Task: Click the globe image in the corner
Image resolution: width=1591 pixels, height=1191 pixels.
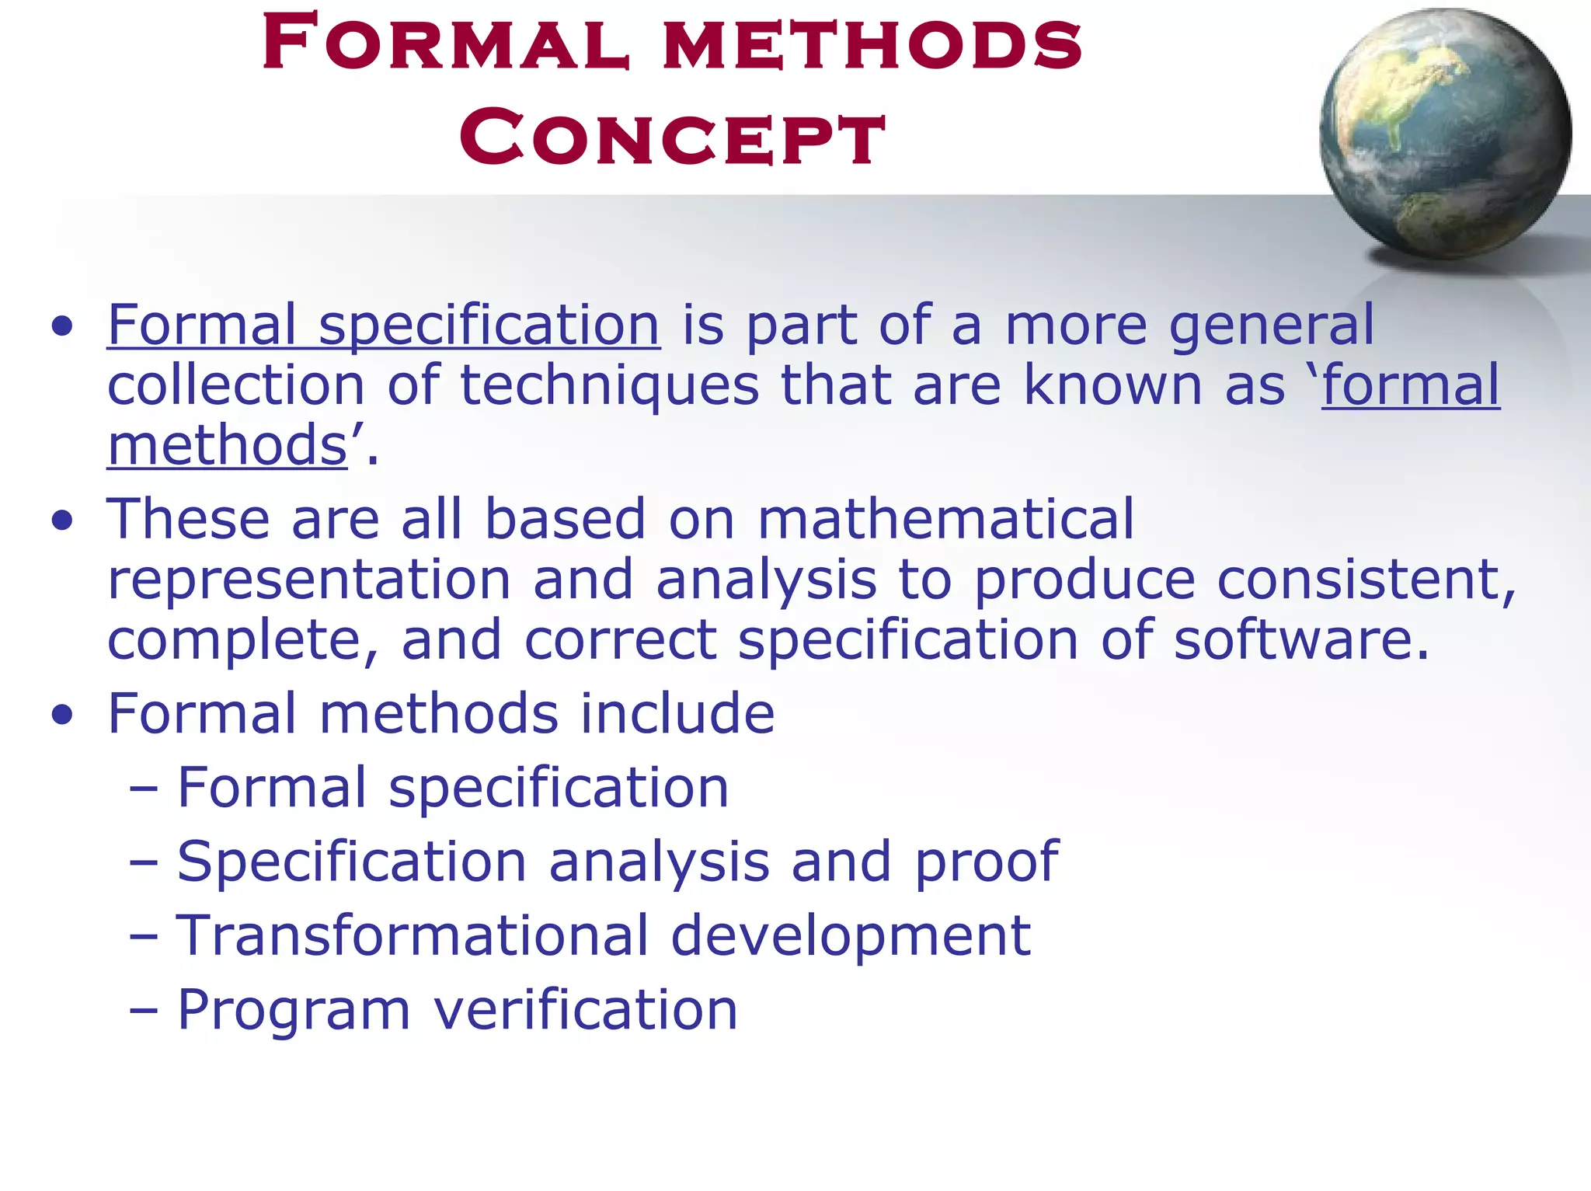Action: coord(1445,134)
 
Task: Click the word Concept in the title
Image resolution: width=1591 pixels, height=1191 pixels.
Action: coord(672,138)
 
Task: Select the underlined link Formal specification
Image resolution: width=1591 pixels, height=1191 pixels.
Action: coord(384,325)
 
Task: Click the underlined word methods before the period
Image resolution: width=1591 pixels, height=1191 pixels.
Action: coord(227,446)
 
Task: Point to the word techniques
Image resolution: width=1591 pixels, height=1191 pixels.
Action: coord(609,385)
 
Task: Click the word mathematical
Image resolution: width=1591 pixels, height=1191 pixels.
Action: coord(945,519)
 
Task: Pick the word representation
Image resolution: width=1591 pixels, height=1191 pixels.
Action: coord(309,580)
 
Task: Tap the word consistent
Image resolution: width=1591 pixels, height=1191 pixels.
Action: coord(1366,580)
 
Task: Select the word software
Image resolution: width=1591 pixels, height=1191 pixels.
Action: coord(1300,640)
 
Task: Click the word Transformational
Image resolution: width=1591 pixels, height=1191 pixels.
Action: coord(413,935)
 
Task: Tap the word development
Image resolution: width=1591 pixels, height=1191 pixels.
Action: coord(850,935)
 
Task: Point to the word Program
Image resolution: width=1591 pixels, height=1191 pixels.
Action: coord(294,1010)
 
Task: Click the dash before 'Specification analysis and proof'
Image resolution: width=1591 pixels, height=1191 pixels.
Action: coord(144,862)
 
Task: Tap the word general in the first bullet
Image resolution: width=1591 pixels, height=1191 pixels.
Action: coord(1271,325)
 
